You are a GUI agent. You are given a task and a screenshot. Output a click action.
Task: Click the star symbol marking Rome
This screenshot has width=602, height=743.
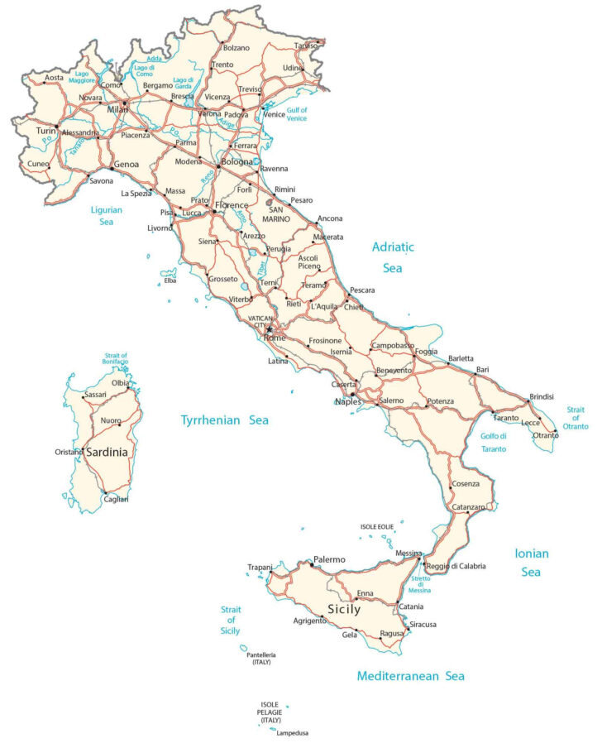[269, 329]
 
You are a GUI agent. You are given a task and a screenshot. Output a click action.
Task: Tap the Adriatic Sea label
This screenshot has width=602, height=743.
[392, 256]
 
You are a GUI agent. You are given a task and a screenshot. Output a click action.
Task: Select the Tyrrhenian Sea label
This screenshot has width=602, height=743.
[224, 420]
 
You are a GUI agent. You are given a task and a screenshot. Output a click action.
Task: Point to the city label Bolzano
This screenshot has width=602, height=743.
[236, 48]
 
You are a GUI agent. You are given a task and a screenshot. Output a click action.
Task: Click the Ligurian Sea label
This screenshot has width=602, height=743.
[106, 215]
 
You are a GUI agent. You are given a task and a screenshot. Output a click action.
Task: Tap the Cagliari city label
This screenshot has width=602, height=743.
[115, 499]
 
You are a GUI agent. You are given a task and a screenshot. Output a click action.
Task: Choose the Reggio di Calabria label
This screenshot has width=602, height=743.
[456, 567]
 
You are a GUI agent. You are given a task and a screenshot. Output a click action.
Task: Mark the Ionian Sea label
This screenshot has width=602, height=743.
[532, 562]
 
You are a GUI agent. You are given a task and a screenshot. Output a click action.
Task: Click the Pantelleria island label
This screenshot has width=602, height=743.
[260, 659]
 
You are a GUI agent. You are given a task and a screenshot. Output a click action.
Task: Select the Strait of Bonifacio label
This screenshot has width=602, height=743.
[112, 362]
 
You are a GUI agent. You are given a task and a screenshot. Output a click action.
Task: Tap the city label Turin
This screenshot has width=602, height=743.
[45, 131]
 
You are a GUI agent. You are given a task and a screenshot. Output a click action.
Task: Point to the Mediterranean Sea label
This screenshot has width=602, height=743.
[410, 676]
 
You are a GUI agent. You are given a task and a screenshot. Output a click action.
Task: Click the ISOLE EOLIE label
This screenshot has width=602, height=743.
[377, 526]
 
